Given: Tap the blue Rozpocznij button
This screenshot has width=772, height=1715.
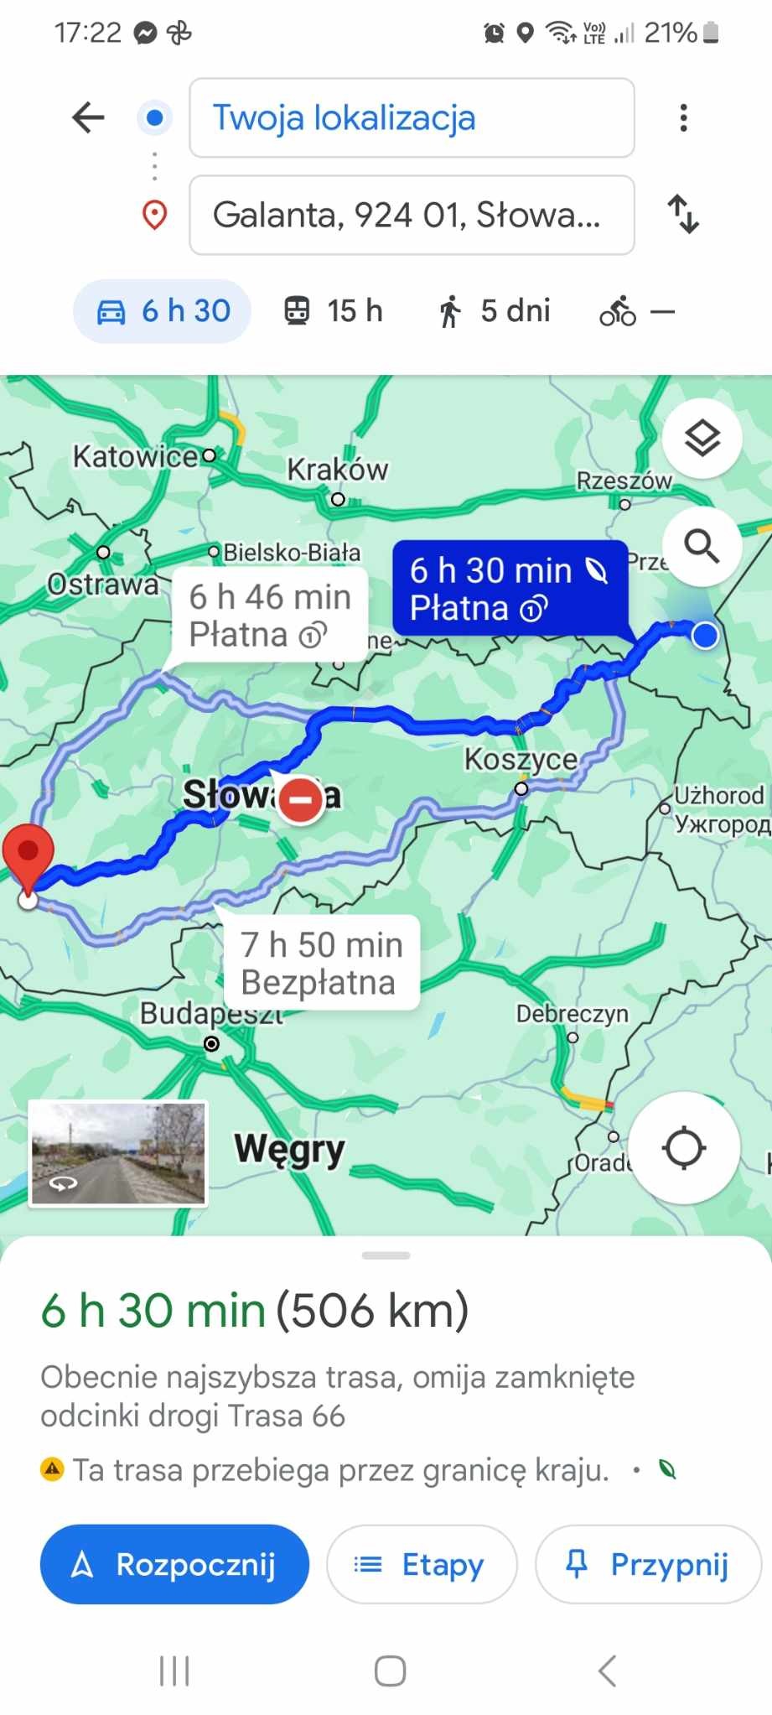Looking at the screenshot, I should click(x=174, y=1564).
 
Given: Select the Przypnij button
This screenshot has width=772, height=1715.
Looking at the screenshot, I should click(x=648, y=1564).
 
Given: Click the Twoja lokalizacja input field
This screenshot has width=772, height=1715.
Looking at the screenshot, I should click(x=412, y=118).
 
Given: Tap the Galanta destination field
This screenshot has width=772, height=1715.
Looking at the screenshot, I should click(x=412, y=216).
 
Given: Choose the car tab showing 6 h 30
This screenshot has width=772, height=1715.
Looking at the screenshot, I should click(x=163, y=311).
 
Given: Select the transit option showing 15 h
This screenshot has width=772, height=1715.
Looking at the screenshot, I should click(x=333, y=311).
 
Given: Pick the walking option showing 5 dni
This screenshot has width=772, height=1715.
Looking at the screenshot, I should click(x=494, y=311).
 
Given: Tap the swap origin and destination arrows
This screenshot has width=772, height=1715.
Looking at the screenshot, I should click(x=683, y=214).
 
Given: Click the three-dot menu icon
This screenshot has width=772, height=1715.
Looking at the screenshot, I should click(x=684, y=118).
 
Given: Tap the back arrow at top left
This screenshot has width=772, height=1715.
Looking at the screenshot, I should click(x=88, y=118).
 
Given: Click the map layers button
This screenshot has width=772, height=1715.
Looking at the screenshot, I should click(x=702, y=438).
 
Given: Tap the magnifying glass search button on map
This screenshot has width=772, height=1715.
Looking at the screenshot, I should click(x=702, y=546).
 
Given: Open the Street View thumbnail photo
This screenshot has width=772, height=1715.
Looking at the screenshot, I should click(x=118, y=1153).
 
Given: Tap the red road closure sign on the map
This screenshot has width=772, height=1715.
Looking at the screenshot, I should click(x=300, y=799).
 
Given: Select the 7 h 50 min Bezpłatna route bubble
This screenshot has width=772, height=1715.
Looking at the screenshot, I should click(x=321, y=963).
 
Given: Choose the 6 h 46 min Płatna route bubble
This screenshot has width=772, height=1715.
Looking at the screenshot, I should click(x=269, y=616).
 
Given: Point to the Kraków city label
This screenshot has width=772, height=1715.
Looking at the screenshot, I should click(x=338, y=470).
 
